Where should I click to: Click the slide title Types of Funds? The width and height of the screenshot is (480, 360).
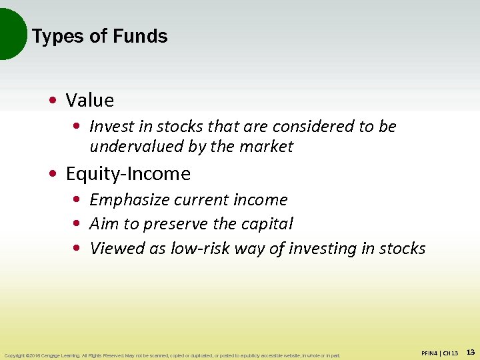(99, 36)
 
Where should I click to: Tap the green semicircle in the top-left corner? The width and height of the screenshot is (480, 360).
(10, 33)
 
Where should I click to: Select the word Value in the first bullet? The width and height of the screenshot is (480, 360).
(90, 101)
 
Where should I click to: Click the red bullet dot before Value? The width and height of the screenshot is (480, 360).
(52, 101)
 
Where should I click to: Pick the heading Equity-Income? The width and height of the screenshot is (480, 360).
(128, 174)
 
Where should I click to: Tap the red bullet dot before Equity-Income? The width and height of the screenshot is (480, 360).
(52, 174)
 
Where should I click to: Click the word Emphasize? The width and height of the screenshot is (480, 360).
(135, 200)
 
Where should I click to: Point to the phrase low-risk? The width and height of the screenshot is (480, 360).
(198, 249)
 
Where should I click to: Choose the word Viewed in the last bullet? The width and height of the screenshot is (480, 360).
(113, 249)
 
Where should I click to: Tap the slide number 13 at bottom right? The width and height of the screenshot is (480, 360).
(471, 352)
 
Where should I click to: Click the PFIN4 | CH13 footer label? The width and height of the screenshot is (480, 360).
(440, 353)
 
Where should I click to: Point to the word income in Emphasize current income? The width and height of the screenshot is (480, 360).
(265, 200)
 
